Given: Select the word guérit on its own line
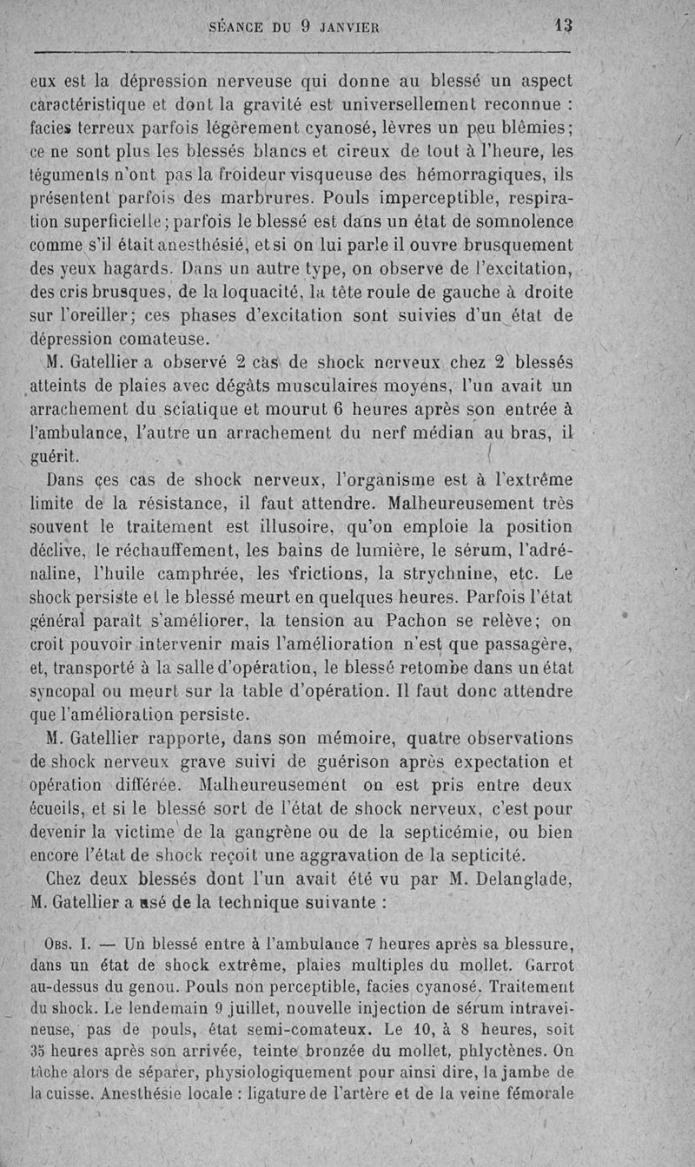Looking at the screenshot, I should [55, 455].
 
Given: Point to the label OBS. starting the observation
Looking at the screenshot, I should [60, 945].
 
